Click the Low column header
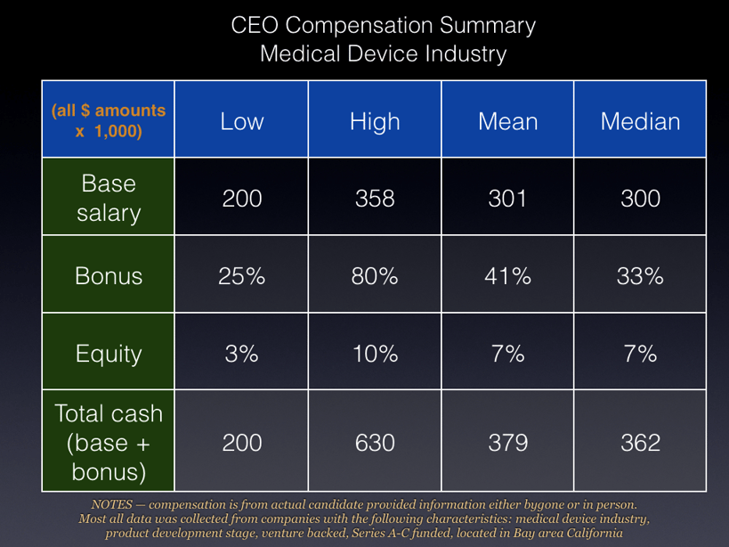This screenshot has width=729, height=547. click(242, 121)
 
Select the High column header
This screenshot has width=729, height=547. click(375, 121)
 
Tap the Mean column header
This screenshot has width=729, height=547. click(507, 121)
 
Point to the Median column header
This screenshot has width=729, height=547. click(640, 121)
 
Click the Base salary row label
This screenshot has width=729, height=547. click(109, 198)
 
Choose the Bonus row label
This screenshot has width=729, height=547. click(109, 276)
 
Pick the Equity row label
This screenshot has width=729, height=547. click(109, 354)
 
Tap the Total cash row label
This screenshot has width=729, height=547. click(109, 443)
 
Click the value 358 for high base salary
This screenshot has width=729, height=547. click(375, 199)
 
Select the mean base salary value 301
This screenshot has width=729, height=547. click(507, 199)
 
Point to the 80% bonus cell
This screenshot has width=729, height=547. click(375, 276)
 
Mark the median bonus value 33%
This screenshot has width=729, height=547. click(640, 276)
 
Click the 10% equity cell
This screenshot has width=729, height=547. click(375, 354)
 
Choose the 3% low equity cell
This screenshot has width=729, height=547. click(242, 354)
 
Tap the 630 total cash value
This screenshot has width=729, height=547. click(375, 443)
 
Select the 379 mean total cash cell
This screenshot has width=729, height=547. click(507, 443)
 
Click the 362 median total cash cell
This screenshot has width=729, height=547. click(640, 443)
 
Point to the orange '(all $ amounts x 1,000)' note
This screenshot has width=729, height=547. click(109, 120)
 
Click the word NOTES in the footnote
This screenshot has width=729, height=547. click(111, 504)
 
